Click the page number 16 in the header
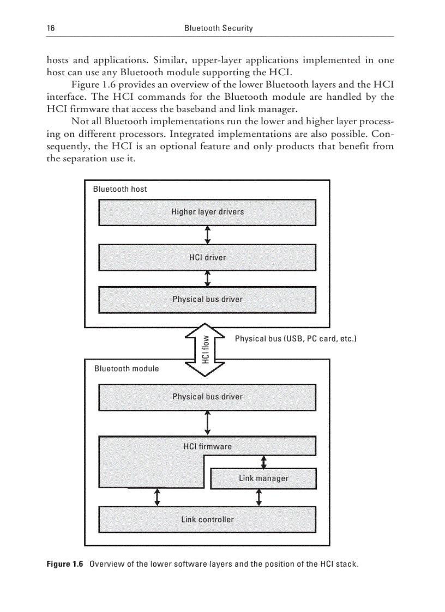50,28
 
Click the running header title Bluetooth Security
218,28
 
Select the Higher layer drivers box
207,212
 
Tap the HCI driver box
207,257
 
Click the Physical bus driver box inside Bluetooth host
207,299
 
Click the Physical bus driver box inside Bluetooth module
207,397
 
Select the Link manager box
263,478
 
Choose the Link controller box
207,519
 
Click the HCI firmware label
207,446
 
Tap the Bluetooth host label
120,189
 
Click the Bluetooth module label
127,368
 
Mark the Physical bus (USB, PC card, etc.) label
296,338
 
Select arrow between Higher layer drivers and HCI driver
207,235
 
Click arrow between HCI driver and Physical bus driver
207,278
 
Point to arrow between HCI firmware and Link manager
264,462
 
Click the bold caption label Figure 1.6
64,563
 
